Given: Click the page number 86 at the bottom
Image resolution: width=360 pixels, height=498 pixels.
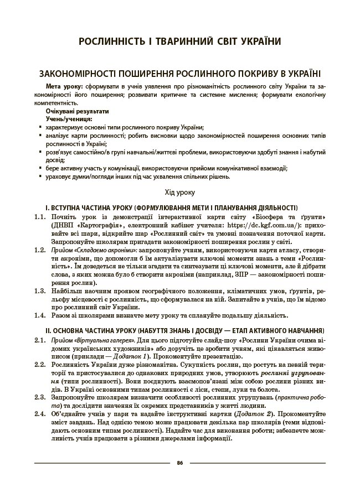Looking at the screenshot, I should (x=179, y=462).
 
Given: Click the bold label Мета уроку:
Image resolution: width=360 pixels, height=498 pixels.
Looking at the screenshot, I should (x=64, y=87).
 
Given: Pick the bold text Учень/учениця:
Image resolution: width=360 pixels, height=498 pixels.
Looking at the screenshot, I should (x=69, y=119).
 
